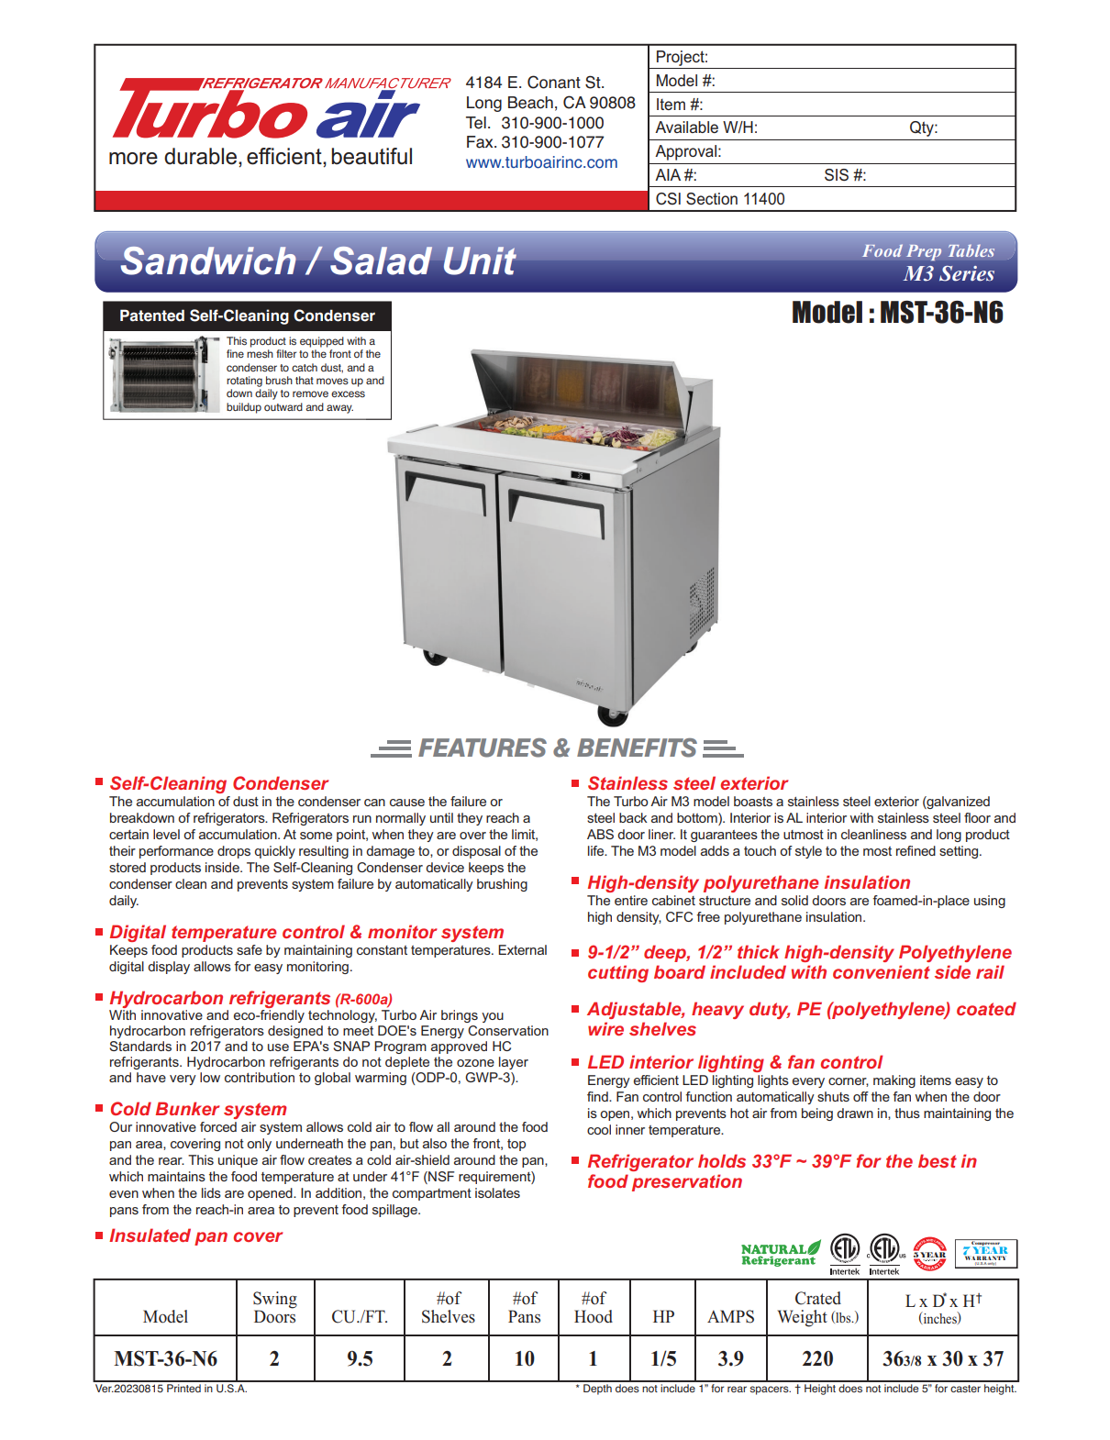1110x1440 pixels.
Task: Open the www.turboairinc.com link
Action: [541, 162]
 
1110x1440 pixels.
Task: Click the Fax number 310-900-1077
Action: [534, 142]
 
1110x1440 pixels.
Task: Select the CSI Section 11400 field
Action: [720, 199]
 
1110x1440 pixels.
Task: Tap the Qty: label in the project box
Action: [923, 127]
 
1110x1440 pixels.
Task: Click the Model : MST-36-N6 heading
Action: [896, 314]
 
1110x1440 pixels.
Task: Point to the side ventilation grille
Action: [702, 601]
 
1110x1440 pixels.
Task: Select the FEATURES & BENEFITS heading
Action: [557, 748]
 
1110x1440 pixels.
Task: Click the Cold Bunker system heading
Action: [198, 1109]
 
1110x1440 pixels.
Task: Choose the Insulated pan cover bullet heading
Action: [195, 1235]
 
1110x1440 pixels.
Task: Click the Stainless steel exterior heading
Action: [687, 783]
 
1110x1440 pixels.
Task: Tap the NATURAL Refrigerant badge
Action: [780, 1254]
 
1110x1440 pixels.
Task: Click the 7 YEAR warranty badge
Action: [986, 1253]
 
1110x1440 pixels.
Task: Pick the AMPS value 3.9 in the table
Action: [730, 1358]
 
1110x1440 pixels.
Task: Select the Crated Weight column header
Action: [817, 1307]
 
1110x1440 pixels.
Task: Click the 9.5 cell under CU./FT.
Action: [360, 1358]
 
